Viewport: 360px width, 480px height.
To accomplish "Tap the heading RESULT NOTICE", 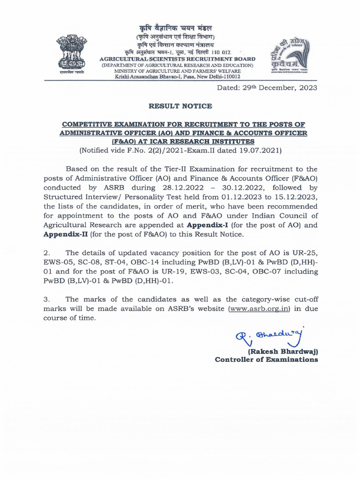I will tap(180, 106).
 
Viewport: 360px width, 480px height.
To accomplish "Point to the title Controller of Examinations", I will tap(266, 360).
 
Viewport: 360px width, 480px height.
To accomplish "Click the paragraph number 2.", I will tap(46, 253).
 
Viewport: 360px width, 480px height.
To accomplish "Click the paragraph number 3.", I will tap(46, 299).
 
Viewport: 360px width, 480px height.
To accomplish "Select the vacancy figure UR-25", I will tap(307, 253).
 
